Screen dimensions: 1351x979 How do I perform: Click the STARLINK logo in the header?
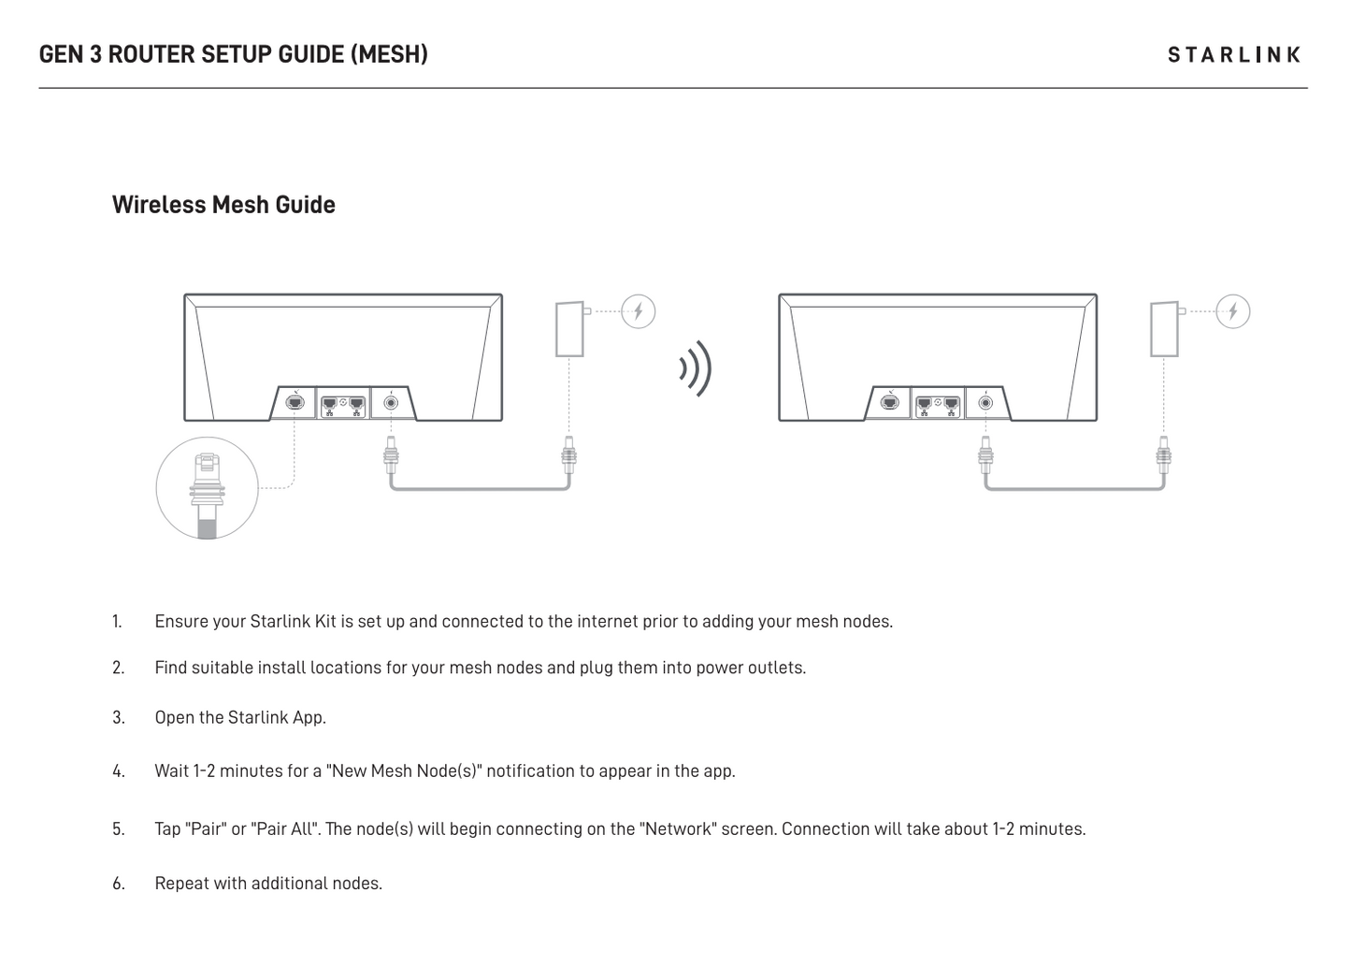tap(1233, 55)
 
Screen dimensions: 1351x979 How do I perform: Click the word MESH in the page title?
tap(389, 54)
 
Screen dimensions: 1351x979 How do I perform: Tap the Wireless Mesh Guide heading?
tap(223, 205)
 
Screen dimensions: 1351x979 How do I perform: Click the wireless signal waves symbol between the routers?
tap(696, 368)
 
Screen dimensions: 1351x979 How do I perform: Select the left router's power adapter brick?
tap(570, 329)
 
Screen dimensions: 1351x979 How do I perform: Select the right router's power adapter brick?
tap(1165, 329)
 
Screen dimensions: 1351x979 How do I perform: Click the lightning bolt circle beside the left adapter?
tap(639, 311)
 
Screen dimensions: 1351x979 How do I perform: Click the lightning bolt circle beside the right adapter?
tap(1233, 311)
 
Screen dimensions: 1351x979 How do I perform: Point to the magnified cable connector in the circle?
tap(207, 495)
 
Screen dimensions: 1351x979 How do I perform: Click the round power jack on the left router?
tap(392, 402)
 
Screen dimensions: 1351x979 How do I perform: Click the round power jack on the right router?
tap(986, 402)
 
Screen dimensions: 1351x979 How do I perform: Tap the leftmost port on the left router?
tap(295, 402)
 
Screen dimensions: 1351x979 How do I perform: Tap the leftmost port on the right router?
tap(890, 402)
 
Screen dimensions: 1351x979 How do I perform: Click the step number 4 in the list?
tap(118, 771)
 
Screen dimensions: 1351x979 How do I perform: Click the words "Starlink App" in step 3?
tap(276, 718)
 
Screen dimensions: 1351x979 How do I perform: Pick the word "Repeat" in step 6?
tap(181, 884)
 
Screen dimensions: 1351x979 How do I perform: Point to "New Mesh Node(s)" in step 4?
tap(404, 771)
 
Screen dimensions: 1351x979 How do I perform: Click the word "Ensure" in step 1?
tap(181, 621)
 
